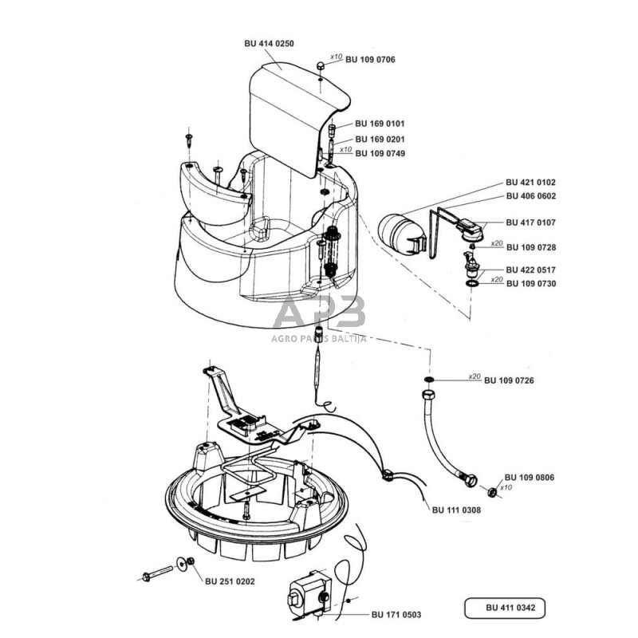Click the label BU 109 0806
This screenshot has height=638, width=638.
point(530,477)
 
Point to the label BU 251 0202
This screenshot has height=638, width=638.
point(229,581)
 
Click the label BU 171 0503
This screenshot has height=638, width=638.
point(396,614)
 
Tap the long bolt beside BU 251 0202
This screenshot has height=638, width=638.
point(159,572)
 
